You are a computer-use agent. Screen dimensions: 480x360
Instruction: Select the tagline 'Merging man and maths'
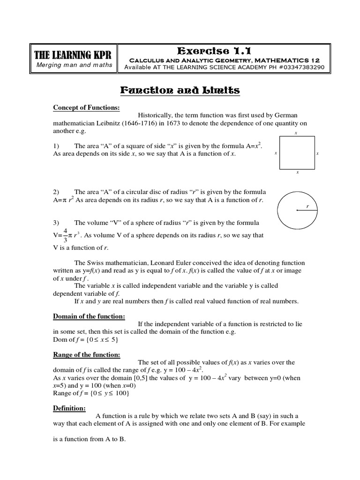[x=74, y=65]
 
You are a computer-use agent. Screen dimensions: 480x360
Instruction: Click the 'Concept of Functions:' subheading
[x=86, y=108]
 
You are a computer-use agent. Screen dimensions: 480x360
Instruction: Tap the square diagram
[x=297, y=152]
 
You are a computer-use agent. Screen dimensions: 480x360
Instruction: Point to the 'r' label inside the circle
[x=307, y=206]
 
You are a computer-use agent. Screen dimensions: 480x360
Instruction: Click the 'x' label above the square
[x=296, y=133]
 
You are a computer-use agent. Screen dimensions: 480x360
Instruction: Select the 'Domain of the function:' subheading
[x=89, y=316]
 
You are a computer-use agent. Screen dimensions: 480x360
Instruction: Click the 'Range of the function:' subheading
[x=86, y=355]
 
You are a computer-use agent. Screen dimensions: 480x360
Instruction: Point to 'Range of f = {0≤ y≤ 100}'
[x=91, y=393]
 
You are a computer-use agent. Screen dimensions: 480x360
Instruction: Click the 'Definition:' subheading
[x=69, y=408]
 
